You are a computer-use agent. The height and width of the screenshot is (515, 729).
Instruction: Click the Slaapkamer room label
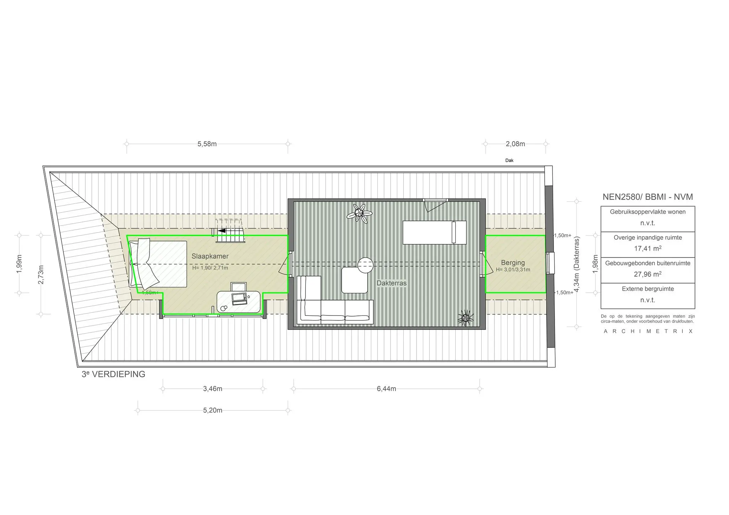[x=210, y=256]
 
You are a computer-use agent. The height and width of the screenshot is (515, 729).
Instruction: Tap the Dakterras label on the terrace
[x=392, y=283]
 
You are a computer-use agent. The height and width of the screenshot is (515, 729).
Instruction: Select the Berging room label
[x=513, y=262]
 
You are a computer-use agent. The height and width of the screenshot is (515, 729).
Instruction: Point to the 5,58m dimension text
[x=207, y=144]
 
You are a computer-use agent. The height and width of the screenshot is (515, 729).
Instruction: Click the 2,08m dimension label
[x=515, y=144]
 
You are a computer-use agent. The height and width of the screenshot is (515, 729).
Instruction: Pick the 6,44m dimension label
[x=386, y=389]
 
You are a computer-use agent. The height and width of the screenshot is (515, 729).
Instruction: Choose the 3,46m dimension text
[x=213, y=389]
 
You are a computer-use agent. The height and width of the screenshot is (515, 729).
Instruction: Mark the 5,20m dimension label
[x=213, y=410]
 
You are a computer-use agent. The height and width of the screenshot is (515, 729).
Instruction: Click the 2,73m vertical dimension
[x=41, y=275]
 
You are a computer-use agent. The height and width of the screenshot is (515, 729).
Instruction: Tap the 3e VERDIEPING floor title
[x=113, y=374]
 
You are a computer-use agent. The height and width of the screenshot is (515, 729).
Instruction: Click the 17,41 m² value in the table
[x=647, y=249]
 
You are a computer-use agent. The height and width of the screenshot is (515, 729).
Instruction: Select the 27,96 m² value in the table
[x=647, y=274]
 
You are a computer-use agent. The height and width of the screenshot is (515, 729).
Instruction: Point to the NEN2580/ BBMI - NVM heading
[x=647, y=197]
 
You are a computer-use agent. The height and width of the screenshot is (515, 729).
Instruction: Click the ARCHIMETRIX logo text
[x=648, y=331]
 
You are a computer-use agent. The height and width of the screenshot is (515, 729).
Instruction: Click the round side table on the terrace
[x=365, y=265]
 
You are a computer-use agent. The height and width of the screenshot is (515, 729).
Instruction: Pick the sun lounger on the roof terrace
[x=434, y=233]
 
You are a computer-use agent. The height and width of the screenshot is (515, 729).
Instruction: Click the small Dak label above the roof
[x=509, y=160]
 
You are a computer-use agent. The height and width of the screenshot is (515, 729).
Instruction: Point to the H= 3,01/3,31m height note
[x=513, y=270]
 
